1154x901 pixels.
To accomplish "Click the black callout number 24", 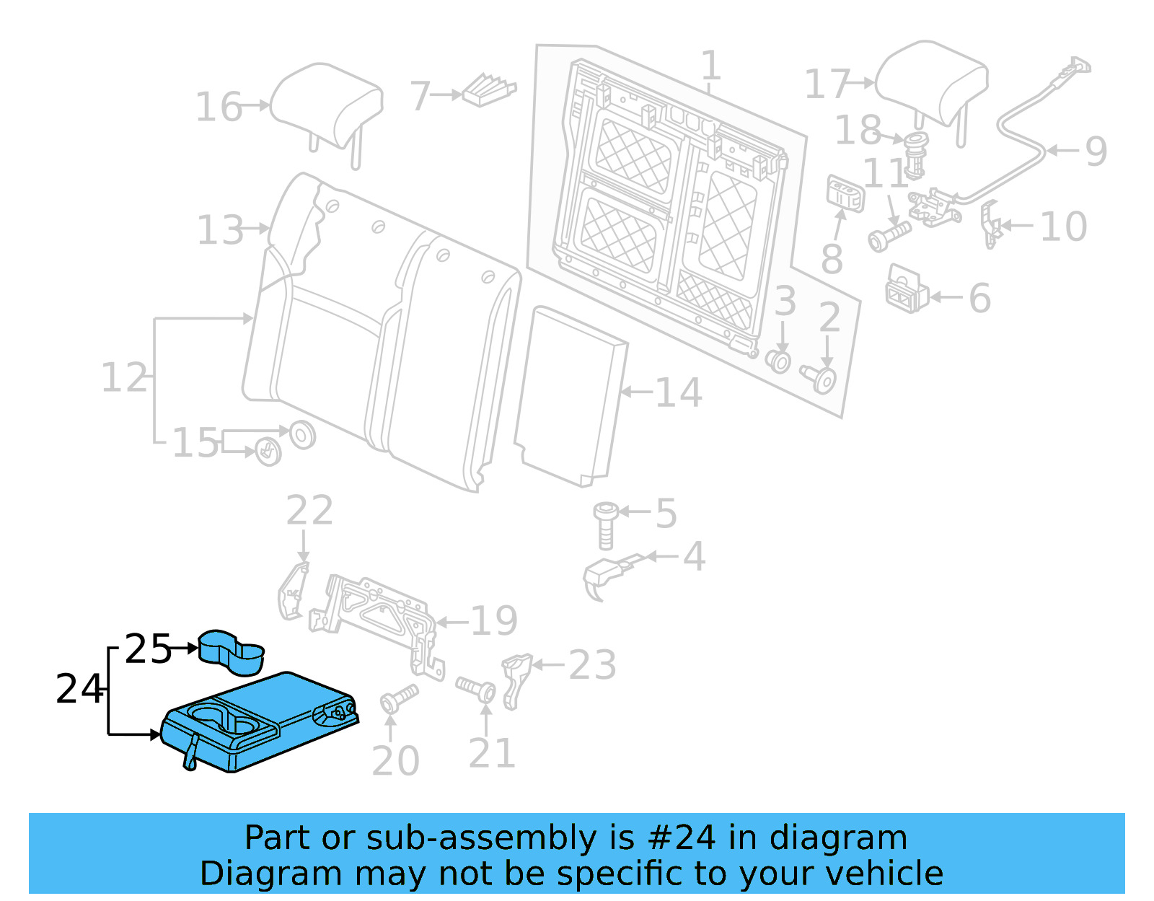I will point(79,689).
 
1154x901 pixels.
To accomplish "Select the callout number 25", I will point(148,649).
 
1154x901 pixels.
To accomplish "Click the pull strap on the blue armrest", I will point(192,752).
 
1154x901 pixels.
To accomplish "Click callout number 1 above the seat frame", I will point(711,66).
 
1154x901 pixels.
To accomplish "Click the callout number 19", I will point(494,621).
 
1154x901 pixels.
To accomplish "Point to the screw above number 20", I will point(398,697).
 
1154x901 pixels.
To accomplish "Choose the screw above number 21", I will point(477,687).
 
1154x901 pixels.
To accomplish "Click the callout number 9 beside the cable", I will point(1096,151).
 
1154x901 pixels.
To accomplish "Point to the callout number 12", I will point(124,378).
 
